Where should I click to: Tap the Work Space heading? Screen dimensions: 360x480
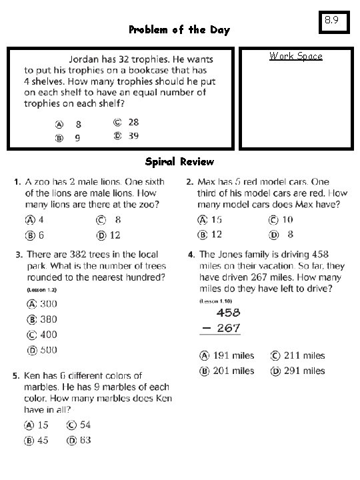coord(295,56)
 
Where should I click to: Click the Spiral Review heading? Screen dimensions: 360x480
coord(179,161)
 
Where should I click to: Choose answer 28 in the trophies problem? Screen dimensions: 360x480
coord(133,122)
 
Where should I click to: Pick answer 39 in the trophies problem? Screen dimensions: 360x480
coord(133,135)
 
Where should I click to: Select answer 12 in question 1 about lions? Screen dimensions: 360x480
coord(115,235)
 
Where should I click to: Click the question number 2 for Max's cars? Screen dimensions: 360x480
coord(190,181)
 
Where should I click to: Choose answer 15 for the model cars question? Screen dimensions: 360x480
coord(216,219)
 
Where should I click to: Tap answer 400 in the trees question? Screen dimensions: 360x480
coord(48,335)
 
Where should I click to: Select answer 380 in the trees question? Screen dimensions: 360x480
coord(48,319)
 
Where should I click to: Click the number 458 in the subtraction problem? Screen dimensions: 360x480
coord(227,312)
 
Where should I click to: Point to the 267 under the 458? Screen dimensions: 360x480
coord(227,328)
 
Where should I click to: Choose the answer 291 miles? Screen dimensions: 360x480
coord(304,371)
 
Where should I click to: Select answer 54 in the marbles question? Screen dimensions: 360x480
coord(85,425)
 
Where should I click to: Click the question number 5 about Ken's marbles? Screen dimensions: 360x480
coord(15,377)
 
